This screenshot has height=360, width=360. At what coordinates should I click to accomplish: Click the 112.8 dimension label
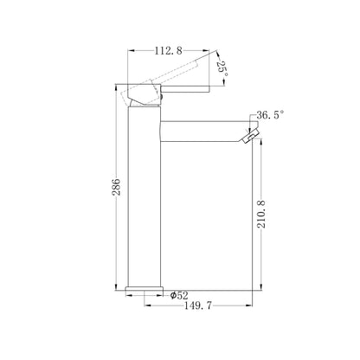(169, 51)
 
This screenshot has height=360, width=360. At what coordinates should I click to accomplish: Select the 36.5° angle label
(270, 115)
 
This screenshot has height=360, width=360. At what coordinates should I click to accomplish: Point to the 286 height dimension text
(116, 187)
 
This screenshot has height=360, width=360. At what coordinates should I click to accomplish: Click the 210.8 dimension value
(261, 214)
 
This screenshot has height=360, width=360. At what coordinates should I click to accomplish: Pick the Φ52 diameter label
(179, 295)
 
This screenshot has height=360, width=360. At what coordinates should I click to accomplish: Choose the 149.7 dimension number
(198, 305)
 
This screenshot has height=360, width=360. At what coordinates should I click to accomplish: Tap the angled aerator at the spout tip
(250, 136)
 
